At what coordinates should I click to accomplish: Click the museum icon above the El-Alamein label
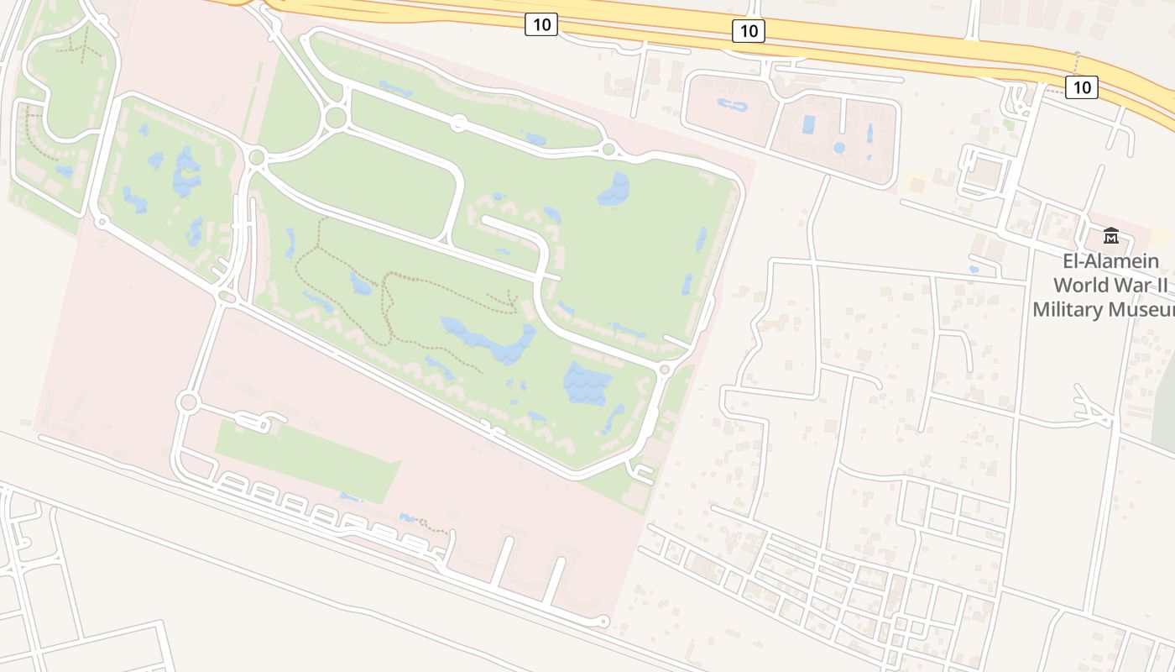click(x=1111, y=236)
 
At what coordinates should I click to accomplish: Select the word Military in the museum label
click(x=1067, y=310)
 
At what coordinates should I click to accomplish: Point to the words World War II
click(x=1110, y=285)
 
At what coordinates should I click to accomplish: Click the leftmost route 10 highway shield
click(x=541, y=24)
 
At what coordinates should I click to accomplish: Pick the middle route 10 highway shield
click(x=748, y=31)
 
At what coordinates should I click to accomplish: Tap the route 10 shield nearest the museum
click(x=1082, y=86)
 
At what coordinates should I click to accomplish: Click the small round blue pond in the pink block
click(x=838, y=148)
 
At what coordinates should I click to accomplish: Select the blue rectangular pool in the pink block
click(x=809, y=125)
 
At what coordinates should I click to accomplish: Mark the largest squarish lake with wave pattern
click(x=587, y=383)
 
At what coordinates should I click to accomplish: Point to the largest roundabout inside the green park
click(x=336, y=118)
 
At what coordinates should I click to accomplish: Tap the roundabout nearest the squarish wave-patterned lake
click(x=665, y=369)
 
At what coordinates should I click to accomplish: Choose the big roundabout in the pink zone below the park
click(x=187, y=402)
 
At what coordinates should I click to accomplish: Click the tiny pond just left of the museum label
click(x=973, y=270)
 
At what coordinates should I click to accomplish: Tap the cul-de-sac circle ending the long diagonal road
click(x=603, y=622)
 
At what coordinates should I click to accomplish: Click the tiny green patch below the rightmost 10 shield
click(x=1010, y=125)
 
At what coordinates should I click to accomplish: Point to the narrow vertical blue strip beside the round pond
click(x=869, y=133)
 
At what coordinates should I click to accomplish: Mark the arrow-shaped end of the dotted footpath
click(x=510, y=297)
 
